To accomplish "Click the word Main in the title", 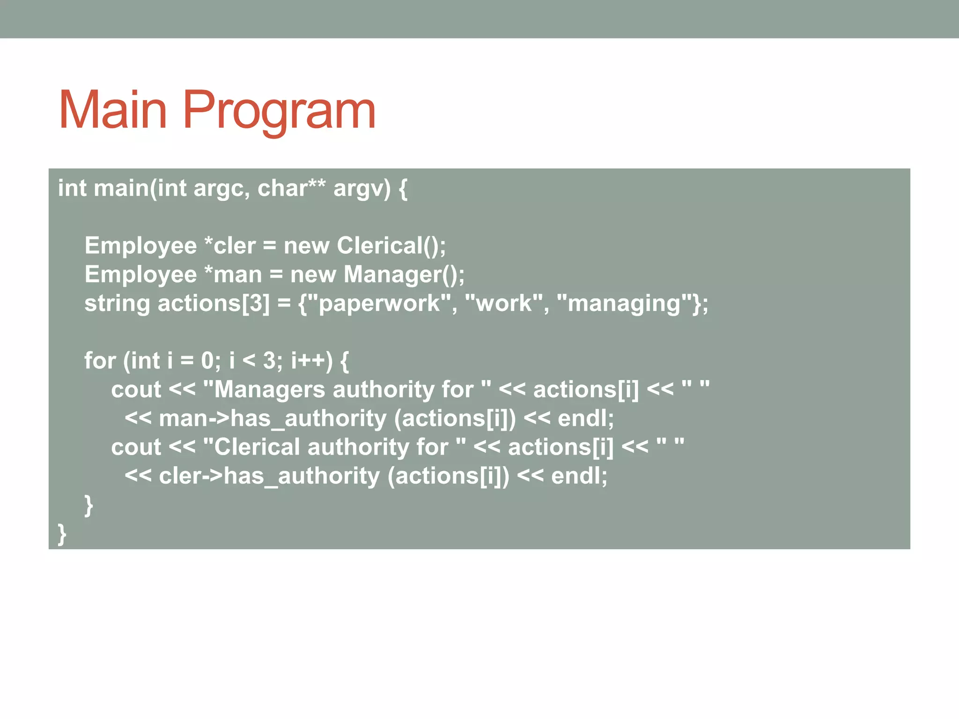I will coord(113,110).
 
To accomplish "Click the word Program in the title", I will coord(279,110).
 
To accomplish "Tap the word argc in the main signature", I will coord(218,189).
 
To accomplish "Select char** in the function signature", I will coord(291,189).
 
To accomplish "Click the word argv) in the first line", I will coord(361,189).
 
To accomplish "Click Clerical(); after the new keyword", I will coord(391,246).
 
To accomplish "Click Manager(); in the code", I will coord(404,274).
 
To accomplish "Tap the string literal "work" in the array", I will coord(504,303).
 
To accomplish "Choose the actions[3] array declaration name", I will coord(214,303).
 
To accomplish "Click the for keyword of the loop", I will coord(100,361).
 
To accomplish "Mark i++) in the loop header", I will coord(311,361).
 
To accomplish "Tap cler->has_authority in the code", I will coord(269,476).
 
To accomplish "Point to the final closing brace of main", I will coord(62,534).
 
